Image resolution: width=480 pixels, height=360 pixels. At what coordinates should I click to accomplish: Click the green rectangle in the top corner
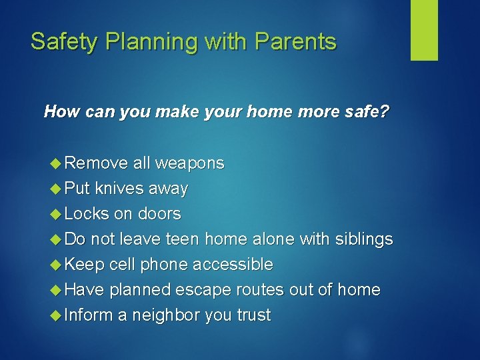[x=424, y=29]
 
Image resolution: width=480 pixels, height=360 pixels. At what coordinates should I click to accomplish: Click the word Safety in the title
[x=63, y=42]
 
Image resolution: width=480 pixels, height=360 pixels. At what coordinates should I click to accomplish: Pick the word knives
[x=118, y=189]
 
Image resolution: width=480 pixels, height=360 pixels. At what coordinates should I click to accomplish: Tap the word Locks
[x=87, y=214]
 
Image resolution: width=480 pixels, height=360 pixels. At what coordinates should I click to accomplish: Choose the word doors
[x=159, y=214]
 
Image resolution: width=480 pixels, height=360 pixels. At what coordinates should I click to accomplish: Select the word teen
[x=183, y=239]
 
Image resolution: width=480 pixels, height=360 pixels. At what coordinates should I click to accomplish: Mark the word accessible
[x=233, y=265]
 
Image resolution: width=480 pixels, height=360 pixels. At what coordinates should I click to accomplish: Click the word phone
[x=165, y=265]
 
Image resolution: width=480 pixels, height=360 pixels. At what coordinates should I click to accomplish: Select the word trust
[x=253, y=315]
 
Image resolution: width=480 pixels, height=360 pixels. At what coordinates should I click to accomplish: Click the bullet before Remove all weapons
[x=56, y=163]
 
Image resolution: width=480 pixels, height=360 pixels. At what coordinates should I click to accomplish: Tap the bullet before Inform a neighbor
[x=56, y=315]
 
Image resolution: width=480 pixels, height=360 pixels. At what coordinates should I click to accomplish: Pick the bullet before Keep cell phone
[x=56, y=265]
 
